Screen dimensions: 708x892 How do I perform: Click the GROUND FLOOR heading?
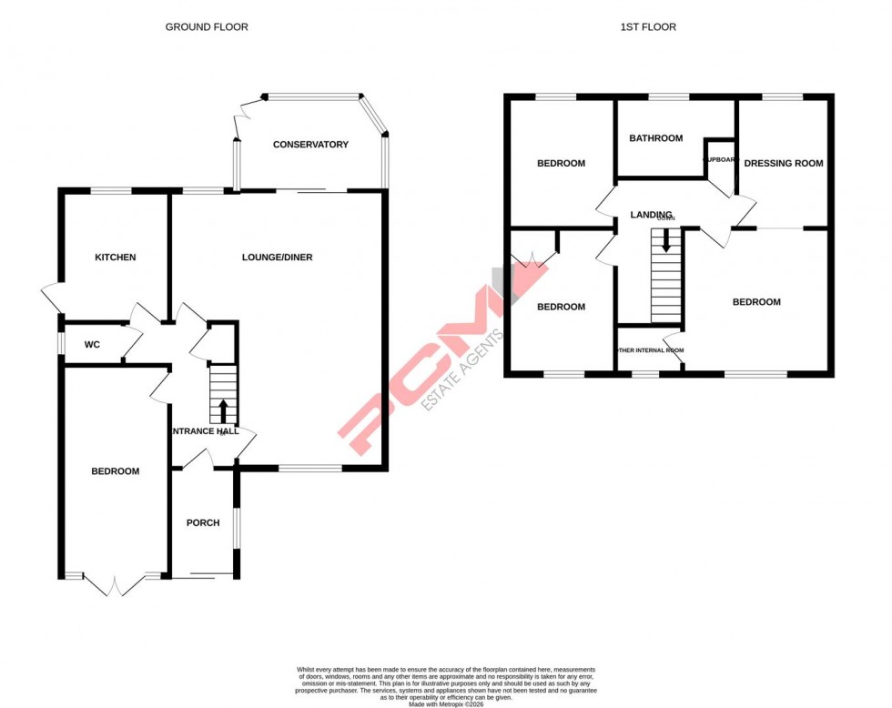point(206,27)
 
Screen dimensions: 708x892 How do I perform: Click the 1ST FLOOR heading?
point(648,27)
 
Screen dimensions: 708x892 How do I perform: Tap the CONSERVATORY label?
point(310,145)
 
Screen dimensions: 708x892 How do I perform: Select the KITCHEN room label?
point(116,258)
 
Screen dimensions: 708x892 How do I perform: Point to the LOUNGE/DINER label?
point(277,258)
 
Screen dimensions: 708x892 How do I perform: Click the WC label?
point(92,345)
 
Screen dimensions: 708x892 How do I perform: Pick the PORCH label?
point(203,522)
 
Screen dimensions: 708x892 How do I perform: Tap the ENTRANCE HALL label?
point(205,431)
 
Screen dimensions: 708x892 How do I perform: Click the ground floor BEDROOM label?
point(116,471)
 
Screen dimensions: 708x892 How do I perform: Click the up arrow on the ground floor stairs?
point(223,406)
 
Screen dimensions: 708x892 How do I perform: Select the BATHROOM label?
point(656,138)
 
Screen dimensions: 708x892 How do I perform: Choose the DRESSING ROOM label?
point(783,164)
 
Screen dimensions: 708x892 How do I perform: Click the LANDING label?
point(651,215)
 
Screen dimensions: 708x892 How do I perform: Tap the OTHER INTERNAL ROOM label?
point(650,349)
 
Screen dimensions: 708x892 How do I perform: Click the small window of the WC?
point(61,342)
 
